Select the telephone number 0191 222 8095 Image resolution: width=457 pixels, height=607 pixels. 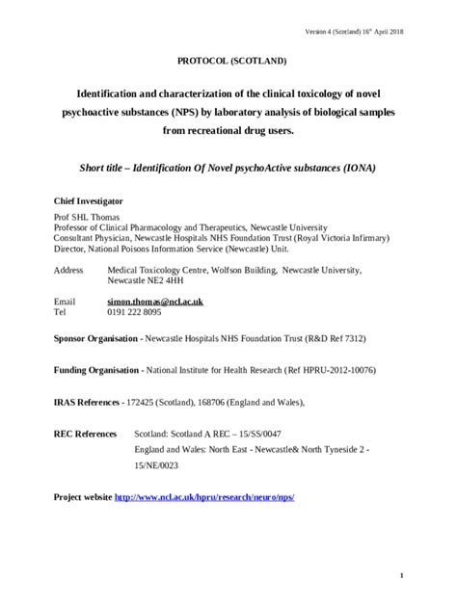tap(135, 312)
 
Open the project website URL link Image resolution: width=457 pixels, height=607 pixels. tap(204, 497)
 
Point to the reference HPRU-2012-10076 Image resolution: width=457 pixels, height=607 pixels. tap(339, 370)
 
